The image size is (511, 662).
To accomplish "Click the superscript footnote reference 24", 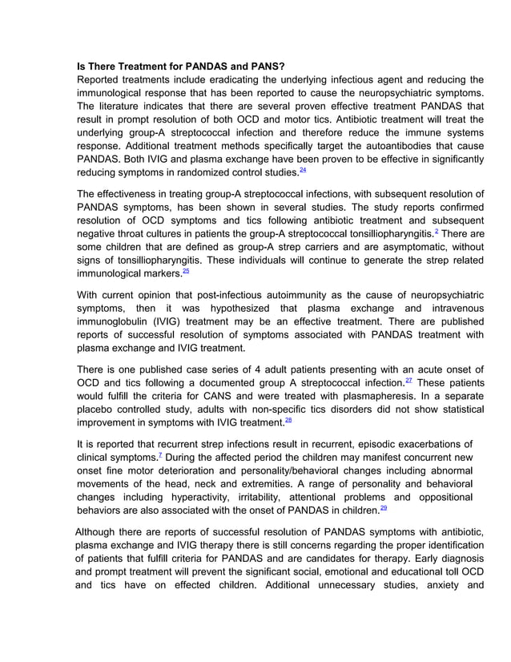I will point(302,171).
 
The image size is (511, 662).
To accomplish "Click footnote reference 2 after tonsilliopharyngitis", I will point(436,231).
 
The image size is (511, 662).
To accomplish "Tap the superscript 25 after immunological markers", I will point(186,270).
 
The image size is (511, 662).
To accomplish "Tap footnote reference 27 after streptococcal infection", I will point(408,381).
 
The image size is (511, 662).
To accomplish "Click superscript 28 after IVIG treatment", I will point(288,420).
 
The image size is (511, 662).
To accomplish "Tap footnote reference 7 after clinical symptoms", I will point(161,455).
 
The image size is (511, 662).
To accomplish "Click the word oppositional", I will point(439,499).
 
